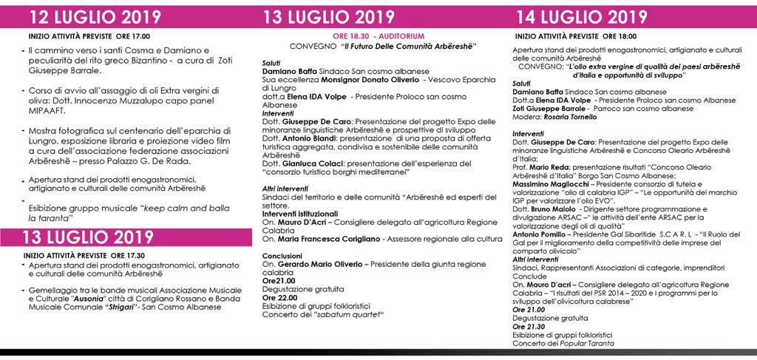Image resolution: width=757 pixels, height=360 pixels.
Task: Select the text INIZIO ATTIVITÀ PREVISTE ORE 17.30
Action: tap(76, 255)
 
